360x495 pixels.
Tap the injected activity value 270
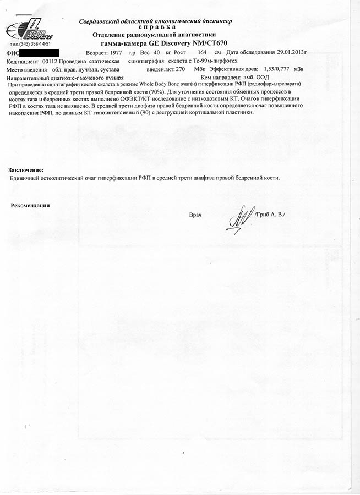click(181, 70)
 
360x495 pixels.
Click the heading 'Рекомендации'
click(30, 205)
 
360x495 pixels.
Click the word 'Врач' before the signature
click(195, 214)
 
